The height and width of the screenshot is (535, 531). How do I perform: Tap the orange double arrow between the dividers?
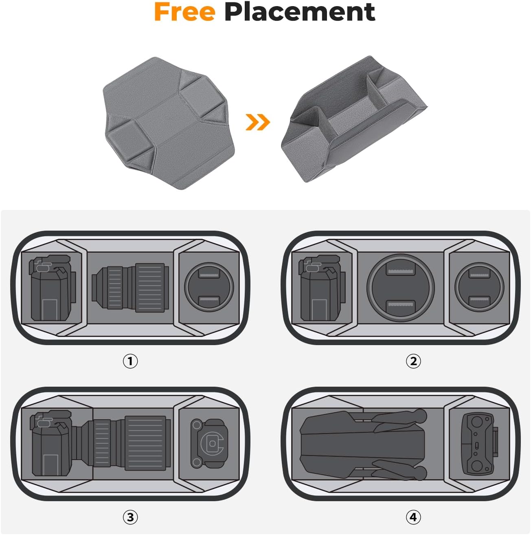pyautogui.click(x=258, y=122)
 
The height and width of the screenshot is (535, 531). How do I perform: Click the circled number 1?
pyautogui.click(x=130, y=361)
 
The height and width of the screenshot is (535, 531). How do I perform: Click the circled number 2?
pyautogui.click(x=413, y=361)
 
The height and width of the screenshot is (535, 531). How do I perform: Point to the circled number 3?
pyautogui.click(x=130, y=517)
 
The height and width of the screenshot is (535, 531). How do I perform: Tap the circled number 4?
pyautogui.click(x=413, y=517)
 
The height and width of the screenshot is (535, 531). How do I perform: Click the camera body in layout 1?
pyautogui.click(x=51, y=288)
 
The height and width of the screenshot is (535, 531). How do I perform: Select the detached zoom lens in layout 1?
pyautogui.click(x=130, y=288)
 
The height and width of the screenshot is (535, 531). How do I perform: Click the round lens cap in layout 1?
pyautogui.click(x=209, y=288)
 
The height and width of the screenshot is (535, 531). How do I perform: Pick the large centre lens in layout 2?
pyautogui.click(x=400, y=288)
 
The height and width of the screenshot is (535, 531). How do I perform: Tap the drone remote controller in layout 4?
pyautogui.click(x=478, y=444)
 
